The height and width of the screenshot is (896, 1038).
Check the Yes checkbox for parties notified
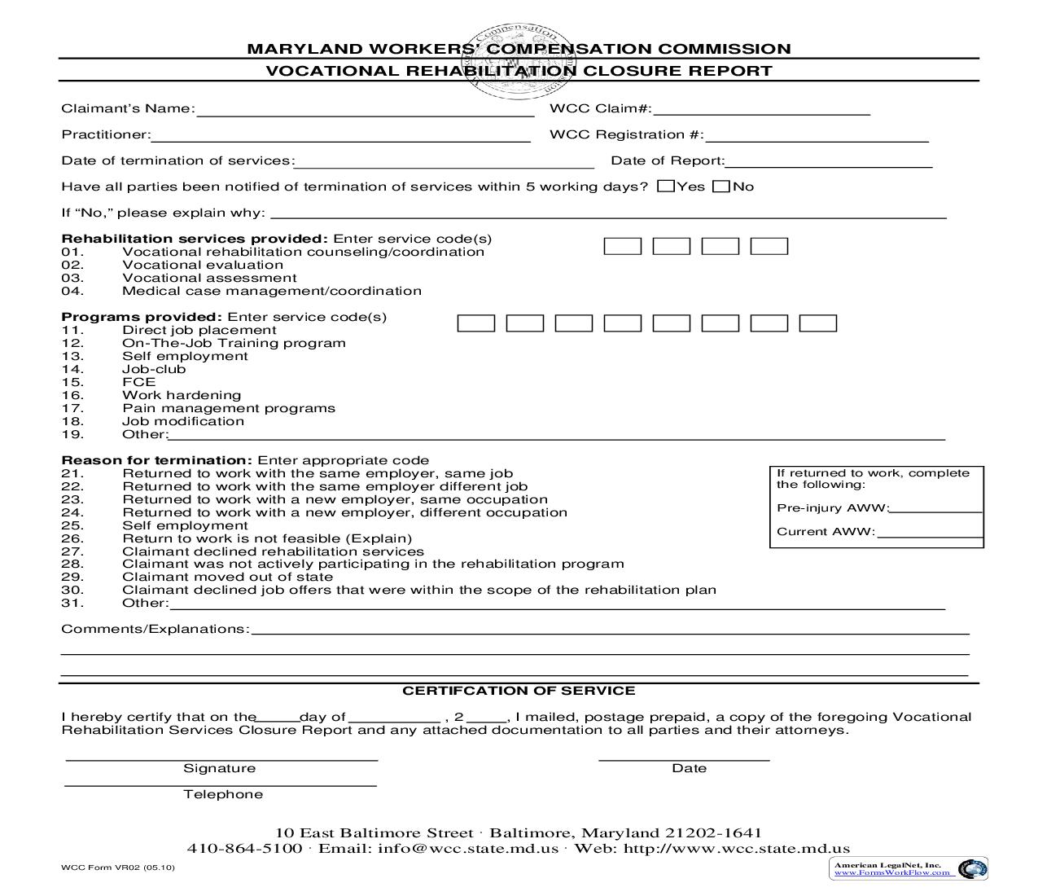pyautogui.click(x=666, y=187)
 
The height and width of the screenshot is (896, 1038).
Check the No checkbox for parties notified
pyautogui.click(x=720, y=187)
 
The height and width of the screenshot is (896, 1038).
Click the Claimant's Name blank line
pyautogui.click(x=365, y=111)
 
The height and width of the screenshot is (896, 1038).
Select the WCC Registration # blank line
pyautogui.click(x=817, y=135)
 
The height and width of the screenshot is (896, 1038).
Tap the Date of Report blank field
pyautogui.click(x=828, y=161)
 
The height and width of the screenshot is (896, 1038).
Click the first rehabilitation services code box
pyautogui.click(x=623, y=246)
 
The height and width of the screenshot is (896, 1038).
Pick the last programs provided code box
pyautogui.click(x=818, y=323)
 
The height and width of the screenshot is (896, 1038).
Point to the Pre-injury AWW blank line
pyautogui.click(x=936, y=508)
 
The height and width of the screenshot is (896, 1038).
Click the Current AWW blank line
pyautogui.click(x=930, y=533)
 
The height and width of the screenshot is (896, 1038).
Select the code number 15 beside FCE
pyautogui.click(x=72, y=382)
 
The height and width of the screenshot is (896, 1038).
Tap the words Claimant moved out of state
pyautogui.click(x=227, y=578)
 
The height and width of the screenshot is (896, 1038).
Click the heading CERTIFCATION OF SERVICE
pyautogui.click(x=519, y=691)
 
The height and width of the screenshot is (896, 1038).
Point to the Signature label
pyautogui.click(x=219, y=768)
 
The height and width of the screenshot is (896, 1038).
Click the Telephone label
pyautogui.click(x=223, y=794)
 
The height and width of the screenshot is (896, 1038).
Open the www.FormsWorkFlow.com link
pyautogui.click(x=892, y=872)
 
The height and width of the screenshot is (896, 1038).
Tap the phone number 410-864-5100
pyautogui.click(x=244, y=848)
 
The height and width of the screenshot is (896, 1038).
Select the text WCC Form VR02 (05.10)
pyautogui.click(x=118, y=867)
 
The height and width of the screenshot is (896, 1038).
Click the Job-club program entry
pyautogui.click(x=154, y=369)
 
